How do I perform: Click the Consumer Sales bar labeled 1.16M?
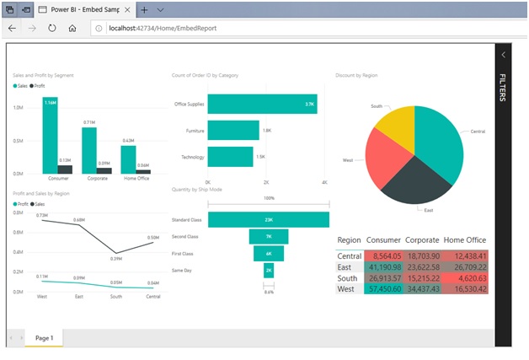51,135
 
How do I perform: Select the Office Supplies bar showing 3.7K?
262,104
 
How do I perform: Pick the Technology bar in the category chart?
230,157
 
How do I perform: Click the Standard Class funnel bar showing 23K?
269,220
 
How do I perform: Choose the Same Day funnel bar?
269,271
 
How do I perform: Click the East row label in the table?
347,266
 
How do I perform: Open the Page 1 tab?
43,337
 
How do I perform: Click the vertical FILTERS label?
502,88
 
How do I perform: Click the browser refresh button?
52,28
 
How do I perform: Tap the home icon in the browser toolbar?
72,28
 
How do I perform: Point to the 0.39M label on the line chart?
116,258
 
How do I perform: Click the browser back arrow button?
12,28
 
